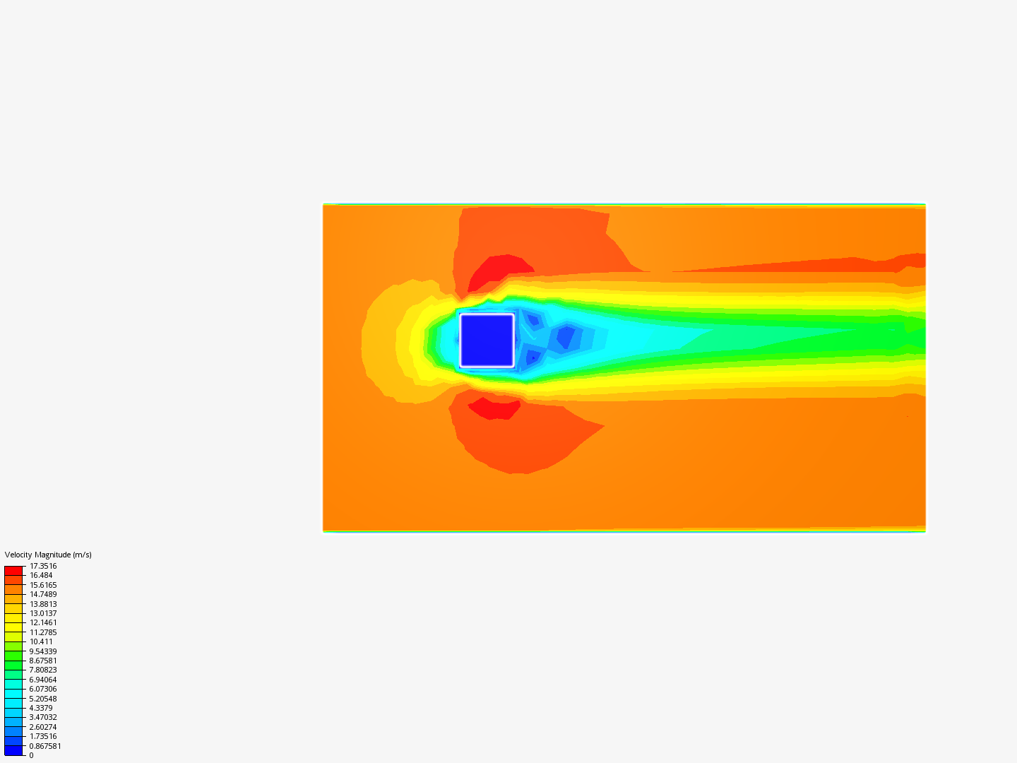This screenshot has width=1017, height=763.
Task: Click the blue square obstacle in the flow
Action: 487,341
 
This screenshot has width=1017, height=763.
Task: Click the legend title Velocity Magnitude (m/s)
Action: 48,555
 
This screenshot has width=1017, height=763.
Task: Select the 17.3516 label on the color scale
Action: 43,566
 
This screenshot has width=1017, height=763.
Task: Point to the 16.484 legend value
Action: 41,575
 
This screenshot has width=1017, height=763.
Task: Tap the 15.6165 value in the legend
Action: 43,585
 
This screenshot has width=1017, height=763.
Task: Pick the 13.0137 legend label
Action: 43,613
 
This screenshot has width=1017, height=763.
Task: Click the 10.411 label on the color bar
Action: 41,641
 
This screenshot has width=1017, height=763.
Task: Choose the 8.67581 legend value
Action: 43,661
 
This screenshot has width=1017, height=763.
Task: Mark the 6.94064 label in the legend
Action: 43,680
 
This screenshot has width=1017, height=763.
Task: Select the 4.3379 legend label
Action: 41,708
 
